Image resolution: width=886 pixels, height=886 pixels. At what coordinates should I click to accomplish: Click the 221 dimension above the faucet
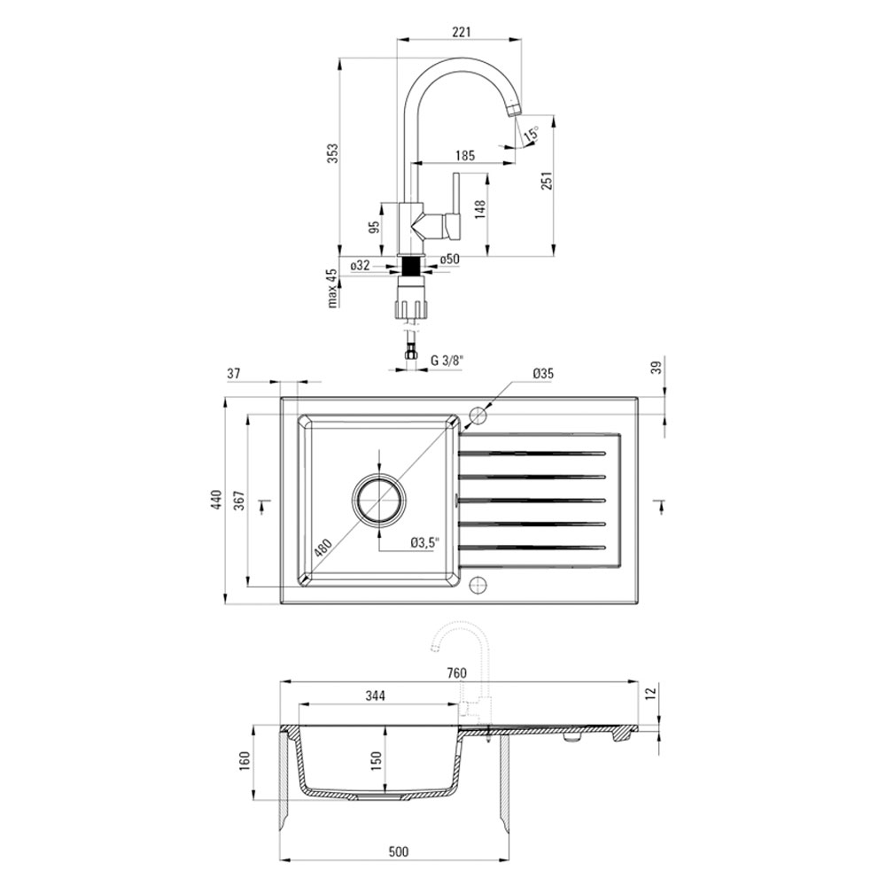[x=462, y=32]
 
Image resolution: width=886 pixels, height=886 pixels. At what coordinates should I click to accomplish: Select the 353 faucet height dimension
[x=333, y=153]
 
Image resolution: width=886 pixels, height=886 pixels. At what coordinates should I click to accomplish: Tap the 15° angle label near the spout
[x=531, y=135]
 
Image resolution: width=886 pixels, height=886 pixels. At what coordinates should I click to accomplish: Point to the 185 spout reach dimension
[x=465, y=155]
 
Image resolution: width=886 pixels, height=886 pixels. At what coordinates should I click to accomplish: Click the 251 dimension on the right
[x=547, y=180]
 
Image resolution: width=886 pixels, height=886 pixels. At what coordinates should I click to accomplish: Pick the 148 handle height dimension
[x=481, y=210]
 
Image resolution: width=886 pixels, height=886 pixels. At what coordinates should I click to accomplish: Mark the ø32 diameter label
[x=360, y=264]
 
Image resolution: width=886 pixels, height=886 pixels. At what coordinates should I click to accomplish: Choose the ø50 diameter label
[x=450, y=260]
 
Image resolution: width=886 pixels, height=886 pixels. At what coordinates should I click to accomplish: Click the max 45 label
[x=333, y=287]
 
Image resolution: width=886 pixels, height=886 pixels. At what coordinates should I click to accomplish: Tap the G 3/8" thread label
[x=447, y=361]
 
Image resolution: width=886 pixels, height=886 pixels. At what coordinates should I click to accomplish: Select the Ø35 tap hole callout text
[x=543, y=373]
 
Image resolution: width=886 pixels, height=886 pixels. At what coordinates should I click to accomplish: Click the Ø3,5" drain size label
[x=425, y=543]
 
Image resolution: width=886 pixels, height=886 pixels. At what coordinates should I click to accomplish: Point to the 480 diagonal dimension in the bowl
[x=323, y=548]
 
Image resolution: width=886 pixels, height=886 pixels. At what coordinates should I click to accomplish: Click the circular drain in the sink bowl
[x=378, y=500]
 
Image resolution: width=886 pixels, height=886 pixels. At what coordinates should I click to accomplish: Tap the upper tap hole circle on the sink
[x=478, y=416]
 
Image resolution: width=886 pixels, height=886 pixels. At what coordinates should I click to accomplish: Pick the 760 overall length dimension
[x=456, y=673]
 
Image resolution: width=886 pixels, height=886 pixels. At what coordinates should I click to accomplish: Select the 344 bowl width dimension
[x=375, y=696]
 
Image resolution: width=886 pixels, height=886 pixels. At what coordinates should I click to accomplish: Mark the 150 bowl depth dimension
[x=377, y=760]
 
